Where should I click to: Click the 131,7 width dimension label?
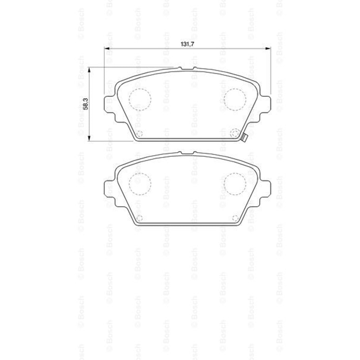[x=187, y=44]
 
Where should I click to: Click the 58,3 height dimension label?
[x=85, y=104]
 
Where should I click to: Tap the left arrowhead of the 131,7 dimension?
[x=107, y=49]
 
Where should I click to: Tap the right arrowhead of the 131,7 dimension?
[x=268, y=49]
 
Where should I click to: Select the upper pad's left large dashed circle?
[x=140, y=99]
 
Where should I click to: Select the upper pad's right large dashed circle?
[x=235, y=99]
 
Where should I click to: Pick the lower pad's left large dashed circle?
[x=140, y=184]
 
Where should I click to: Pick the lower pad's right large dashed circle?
[x=235, y=184]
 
